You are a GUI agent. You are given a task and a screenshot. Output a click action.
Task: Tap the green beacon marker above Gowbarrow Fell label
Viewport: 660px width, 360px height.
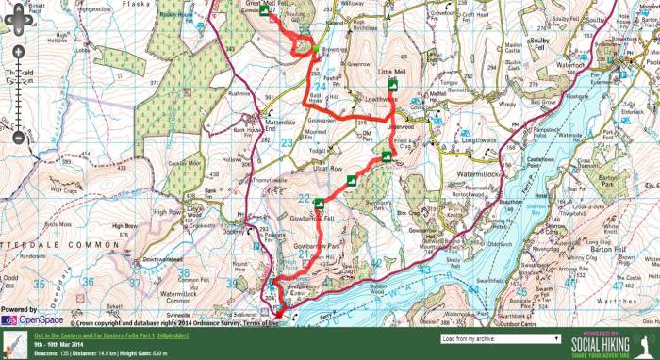pyautogui.click(x=321, y=203)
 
